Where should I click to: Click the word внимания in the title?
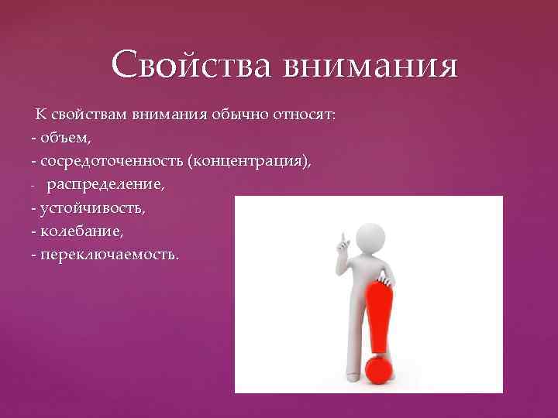pyautogui.click(x=370, y=67)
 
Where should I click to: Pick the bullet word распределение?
pyautogui.click(x=105, y=185)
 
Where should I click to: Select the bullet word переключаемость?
pyautogui.click(x=108, y=255)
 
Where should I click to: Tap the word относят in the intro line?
pyautogui.click(x=305, y=115)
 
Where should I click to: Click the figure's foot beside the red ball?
pyautogui.click(x=353, y=375)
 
